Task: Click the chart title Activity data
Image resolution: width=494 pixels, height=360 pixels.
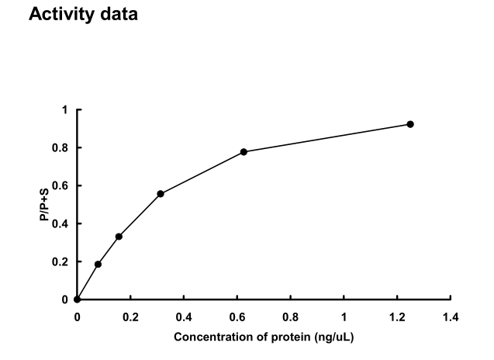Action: (x=83, y=15)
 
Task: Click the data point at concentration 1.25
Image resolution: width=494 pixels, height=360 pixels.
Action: (x=410, y=124)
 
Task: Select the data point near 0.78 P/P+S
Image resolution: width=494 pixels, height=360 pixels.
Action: (x=244, y=151)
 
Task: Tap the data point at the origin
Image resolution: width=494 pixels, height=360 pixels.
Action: (x=77, y=299)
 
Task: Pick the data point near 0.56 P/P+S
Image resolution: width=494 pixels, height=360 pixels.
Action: (x=161, y=193)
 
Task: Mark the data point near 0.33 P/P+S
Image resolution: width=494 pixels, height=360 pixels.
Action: (x=119, y=237)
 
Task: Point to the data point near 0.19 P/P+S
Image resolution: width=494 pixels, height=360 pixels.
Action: (x=98, y=264)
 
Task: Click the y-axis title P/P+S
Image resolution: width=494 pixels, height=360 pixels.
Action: (x=46, y=205)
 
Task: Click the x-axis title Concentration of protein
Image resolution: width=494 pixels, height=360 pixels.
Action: (x=264, y=337)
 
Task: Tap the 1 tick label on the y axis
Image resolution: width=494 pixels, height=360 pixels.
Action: (x=66, y=110)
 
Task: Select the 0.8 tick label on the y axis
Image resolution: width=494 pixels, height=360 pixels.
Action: (x=62, y=147)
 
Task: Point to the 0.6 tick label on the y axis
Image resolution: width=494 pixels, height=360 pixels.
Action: (x=62, y=185)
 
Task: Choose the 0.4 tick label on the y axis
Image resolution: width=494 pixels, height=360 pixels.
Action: (x=62, y=223)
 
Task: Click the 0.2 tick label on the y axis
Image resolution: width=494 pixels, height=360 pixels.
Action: (x=62, y=261)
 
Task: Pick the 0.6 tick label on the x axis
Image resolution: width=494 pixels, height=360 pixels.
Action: (x=237, y=317)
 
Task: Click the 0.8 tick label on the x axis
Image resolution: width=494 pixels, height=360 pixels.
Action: (x=291, y=317)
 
